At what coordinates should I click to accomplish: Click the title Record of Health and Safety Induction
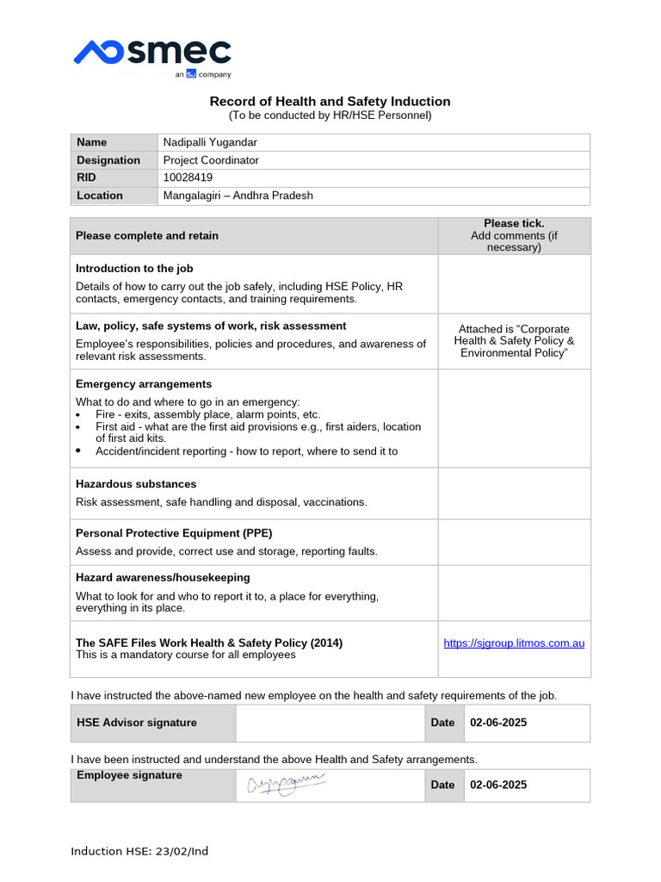(x=330, y=102)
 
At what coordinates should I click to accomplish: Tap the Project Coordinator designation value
(x=211, y=160)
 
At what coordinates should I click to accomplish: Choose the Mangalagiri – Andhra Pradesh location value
(x=238, y=196)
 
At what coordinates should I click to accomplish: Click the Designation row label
(x=108, y=160)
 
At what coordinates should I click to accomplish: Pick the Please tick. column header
(x=514, y=223)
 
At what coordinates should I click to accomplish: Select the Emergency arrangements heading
(x=144, y=384)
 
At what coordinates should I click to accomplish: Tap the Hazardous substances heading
(x=136, y=484)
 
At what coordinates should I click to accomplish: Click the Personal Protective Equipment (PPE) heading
(x=174, y=533)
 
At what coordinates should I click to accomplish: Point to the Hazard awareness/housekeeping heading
(x=163, y=577)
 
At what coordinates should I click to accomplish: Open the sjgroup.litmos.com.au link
(x=514, y=643)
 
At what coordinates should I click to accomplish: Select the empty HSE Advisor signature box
(x=330, y=723)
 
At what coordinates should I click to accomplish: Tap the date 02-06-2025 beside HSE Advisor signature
(x=498, y=723)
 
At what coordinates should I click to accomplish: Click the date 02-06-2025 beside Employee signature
(x=498, y=785)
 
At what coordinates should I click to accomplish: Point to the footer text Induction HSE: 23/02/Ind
(x=139, y=851)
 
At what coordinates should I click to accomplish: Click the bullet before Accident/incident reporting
(x=79, y=450)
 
